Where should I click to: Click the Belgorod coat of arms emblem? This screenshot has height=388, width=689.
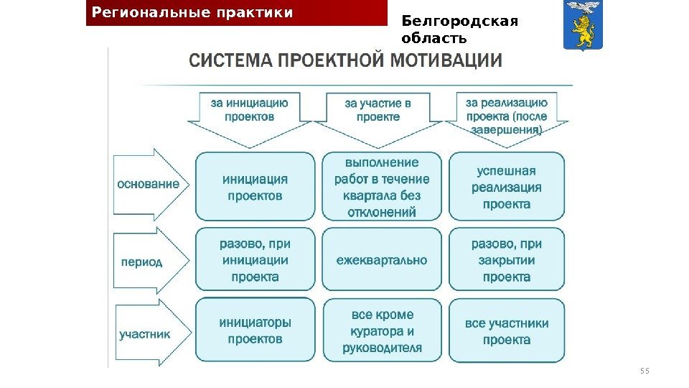point(583,27)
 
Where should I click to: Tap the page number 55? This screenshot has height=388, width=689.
point(644,371)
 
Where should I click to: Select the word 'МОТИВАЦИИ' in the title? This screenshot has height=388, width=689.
point(446,60)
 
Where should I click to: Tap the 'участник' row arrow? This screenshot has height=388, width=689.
point(150,333)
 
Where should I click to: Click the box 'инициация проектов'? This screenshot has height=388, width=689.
point(255,187)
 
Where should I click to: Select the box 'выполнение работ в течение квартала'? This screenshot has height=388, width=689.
point(382,187)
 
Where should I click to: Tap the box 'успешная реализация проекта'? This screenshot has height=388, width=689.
point(507,187)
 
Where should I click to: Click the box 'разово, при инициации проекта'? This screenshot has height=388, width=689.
point(255,260)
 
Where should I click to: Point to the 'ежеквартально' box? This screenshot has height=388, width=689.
point(382,260)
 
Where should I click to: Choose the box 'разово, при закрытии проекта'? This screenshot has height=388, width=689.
point(507,260)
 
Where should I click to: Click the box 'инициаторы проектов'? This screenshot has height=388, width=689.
point(255,331)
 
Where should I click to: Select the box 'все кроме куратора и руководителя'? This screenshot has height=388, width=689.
point(382,331)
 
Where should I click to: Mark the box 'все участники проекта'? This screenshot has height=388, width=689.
point(507,331)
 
